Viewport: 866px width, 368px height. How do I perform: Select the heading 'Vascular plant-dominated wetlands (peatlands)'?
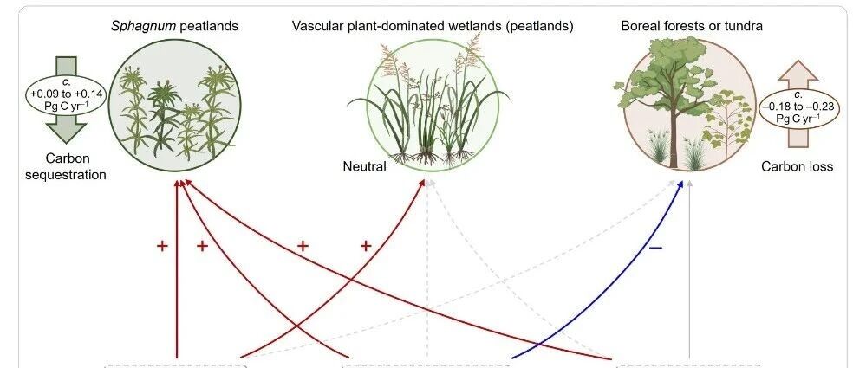pos(432,26)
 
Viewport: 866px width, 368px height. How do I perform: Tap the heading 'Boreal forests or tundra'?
pos(691,26)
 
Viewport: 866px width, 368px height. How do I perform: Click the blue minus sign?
pos(655,247)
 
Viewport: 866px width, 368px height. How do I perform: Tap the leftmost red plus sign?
pos(161,246)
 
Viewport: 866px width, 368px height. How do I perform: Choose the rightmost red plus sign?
pos(365,246)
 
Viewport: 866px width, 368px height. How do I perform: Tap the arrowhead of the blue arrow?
pos(680,184)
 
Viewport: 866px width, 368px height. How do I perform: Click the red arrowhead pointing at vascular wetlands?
pos(423,184)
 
